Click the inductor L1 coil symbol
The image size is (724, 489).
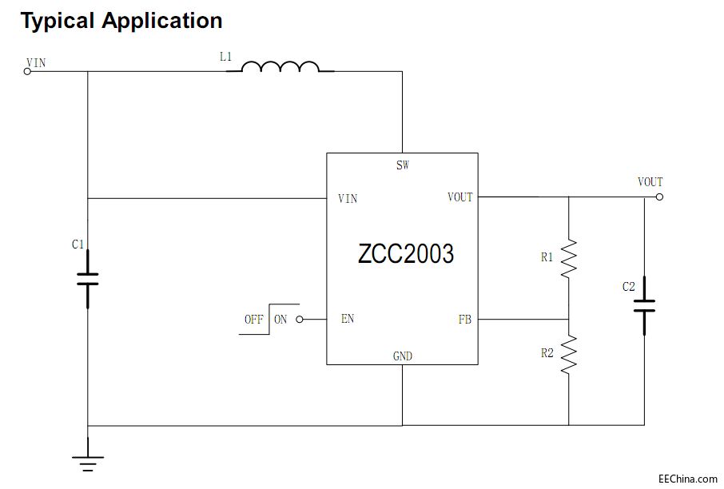coord(280,67)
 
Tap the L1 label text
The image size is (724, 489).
coord(226,57)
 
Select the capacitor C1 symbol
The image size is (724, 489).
coord(87,278)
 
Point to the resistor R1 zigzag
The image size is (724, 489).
coord(569,257)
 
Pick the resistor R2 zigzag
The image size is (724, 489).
coord(569,355)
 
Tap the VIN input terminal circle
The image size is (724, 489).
coord(27,71)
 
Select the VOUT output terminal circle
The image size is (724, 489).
coord(659,197)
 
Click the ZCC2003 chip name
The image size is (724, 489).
coord(406,253)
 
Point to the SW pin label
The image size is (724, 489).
coord(402,166)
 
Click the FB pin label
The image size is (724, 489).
coord(464,320)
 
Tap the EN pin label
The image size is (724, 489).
coord(348,319)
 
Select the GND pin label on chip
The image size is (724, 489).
coord(403,356)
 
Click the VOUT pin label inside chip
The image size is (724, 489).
coord(459,197)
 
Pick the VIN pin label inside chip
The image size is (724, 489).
coord(348,199)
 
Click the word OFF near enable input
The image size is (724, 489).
coord(254,320)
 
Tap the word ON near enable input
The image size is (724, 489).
coord(280,320)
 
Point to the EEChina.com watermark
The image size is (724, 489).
coord(687,479)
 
